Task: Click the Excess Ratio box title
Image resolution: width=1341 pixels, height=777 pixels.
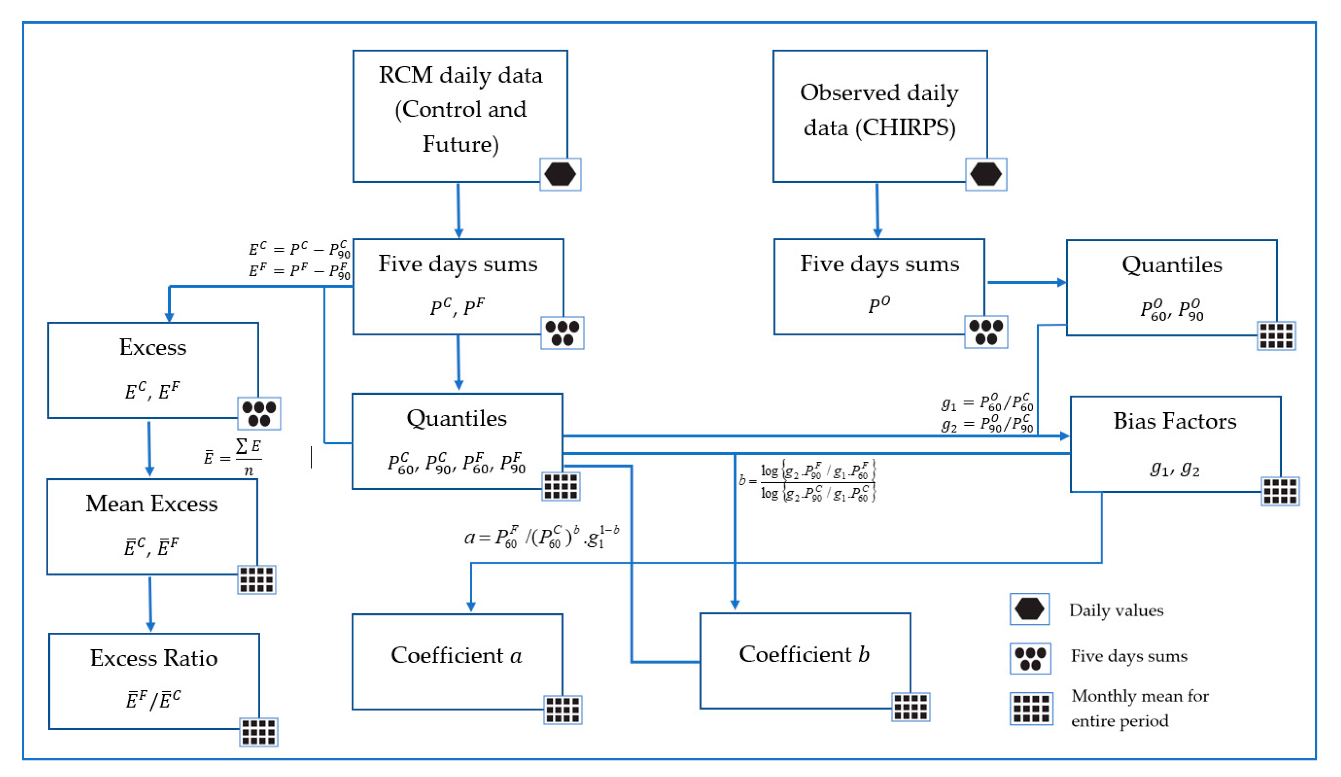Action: pos(153,658)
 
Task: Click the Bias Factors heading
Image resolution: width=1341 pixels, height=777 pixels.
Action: pos(1175,421)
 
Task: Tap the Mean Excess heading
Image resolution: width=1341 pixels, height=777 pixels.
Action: pos(152,503)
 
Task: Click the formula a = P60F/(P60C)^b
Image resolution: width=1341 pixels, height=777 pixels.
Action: pos(541,537)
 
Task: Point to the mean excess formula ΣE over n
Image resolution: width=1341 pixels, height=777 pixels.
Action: pos(233,457)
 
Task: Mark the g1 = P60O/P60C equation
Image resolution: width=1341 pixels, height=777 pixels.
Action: pos(987,403)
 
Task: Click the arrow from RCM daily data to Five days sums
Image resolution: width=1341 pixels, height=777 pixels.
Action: pos(458,210)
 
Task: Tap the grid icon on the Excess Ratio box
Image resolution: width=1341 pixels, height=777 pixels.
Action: pos(258,732)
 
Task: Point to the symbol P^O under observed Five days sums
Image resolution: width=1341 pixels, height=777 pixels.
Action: pos(879,305)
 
